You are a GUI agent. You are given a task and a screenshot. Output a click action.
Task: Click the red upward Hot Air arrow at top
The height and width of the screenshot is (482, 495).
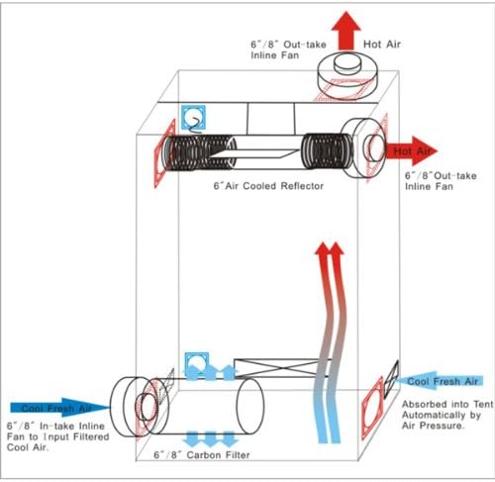pyautogui.click(x=346, y=31)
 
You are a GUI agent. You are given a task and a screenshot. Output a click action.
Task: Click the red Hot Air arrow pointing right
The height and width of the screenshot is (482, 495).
pyautogui.click(x=412, y=150)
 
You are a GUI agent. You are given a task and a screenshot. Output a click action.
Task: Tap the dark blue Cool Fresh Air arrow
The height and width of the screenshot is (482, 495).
pyautogui.click(x=60, y=408)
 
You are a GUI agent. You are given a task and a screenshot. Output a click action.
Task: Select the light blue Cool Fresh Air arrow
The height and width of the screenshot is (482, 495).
pyautogui.click(x=439, y=381)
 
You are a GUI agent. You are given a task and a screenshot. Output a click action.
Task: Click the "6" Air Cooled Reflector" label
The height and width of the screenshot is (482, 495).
pyautogui.click(x=268, y=186)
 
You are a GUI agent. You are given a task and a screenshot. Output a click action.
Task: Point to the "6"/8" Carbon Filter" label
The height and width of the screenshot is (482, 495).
pyautogui.click(x=202, y=455)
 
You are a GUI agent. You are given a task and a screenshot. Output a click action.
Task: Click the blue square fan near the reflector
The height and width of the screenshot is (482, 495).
pyautogui.click(x=193, y=118)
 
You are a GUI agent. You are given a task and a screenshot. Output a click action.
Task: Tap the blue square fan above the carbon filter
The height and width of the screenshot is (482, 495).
pyautogui.click(x=197, y=364)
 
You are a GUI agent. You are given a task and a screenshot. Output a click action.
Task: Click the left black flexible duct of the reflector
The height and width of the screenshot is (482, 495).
pyautogui.click(x=200, y=152)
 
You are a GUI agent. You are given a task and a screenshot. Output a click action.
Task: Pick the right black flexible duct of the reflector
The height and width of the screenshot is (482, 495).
pyautogui.click(x=327, y=150)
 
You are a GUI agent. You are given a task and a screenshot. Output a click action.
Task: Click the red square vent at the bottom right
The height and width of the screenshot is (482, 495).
pyautogui.click(x=373, y=408)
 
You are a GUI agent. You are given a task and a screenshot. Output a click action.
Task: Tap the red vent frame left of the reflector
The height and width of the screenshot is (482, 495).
pyautogui.click(x=164, y=153)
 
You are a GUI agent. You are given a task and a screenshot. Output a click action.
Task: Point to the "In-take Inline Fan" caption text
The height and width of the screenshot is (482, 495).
pyautogui.click(x=58, y=432)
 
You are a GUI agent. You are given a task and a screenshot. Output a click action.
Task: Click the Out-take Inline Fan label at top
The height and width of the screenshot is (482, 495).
pyautogui.click(x=288, y=49)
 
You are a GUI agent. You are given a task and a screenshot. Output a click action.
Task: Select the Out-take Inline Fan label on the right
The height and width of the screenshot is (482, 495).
pyautogui.click(x=441, y=181)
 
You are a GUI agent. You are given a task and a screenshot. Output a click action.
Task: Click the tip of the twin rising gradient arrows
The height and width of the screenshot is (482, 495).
pyautogui.click(x=330, y=243)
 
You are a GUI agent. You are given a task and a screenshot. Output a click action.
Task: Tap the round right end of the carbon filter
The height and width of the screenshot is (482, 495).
pyautogui.click(x=250, y=406)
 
